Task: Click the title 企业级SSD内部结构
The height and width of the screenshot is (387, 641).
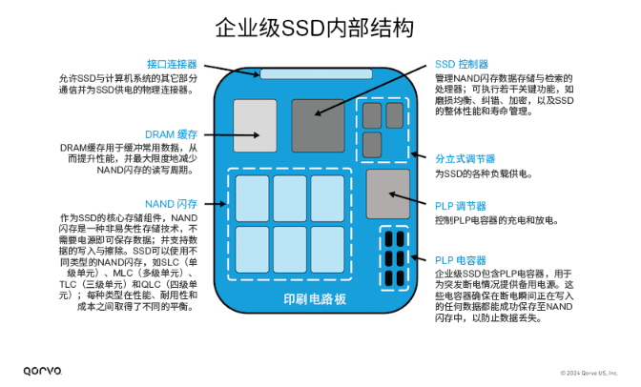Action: (x=315, y=28)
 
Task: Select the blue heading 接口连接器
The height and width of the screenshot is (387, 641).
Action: (x=172, y=64)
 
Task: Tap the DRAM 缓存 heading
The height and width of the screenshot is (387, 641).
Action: (x=171, y=134)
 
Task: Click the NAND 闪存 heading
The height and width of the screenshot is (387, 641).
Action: (x=171, y=204)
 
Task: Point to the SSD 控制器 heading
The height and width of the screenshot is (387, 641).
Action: (x=462, y=64)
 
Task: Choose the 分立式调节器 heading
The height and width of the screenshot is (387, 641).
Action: (x=465, y=159)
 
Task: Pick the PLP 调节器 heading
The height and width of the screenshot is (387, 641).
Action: (x=461, y=207)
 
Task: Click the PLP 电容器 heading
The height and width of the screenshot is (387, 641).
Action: (x=461, y=260)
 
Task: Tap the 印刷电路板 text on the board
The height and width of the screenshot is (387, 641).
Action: (x=315, y=299)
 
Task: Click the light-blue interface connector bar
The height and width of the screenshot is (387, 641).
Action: (x=316, y=74)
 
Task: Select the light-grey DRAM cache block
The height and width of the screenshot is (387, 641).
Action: (x=255, y=126)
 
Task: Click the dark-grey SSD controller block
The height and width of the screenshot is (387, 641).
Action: (x=318, y=126)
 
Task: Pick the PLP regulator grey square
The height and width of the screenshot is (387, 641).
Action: (x=388, y=194)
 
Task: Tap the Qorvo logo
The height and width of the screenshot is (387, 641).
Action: (x=43, y=371)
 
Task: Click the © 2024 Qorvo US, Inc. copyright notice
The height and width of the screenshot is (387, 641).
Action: (x=589, y=373)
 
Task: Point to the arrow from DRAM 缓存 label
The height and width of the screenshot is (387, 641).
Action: (x=232, y=134)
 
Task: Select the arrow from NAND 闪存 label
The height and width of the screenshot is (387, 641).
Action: (x=215, y=204)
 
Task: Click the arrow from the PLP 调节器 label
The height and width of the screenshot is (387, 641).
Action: (x=407, y=198)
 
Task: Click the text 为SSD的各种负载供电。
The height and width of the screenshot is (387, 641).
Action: (x=484, y=174)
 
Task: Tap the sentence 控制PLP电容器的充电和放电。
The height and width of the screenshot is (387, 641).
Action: (x=497, y=221)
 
